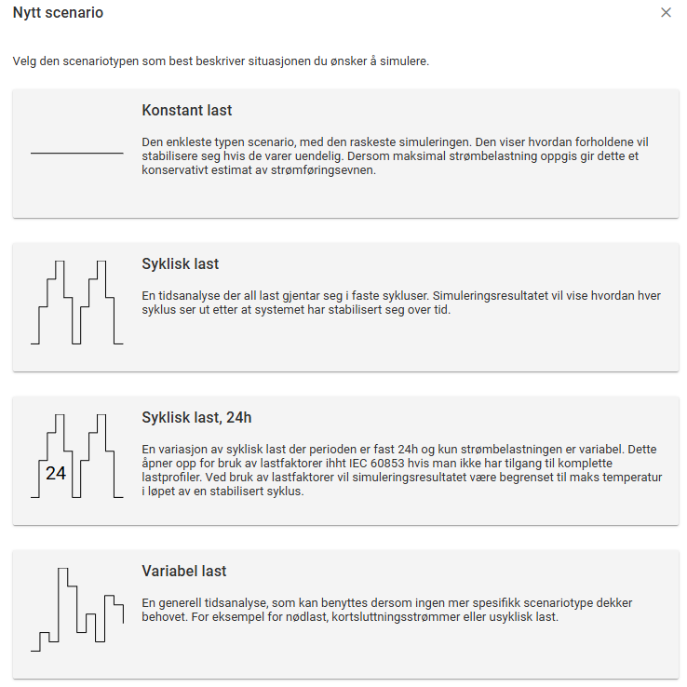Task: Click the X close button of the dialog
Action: (666, 13)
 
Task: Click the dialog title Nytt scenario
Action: (58, 13)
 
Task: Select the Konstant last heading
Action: (187, 110)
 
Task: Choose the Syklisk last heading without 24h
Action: (181, 264)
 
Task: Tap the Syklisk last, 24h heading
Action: (197, 417)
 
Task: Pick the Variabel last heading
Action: (184, 571)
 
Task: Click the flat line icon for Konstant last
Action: (77, 153)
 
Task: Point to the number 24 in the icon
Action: (56, 474)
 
